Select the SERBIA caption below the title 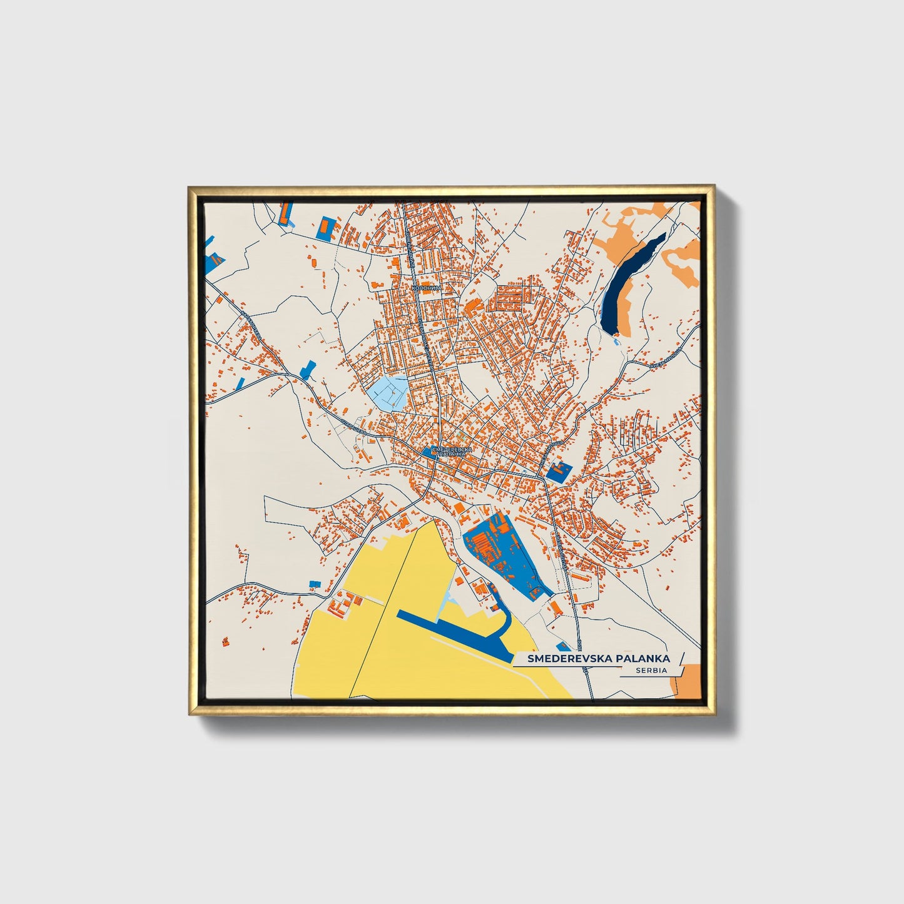coord(650,670)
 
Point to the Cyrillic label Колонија coord(427,287)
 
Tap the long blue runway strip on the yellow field coord(450,628)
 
